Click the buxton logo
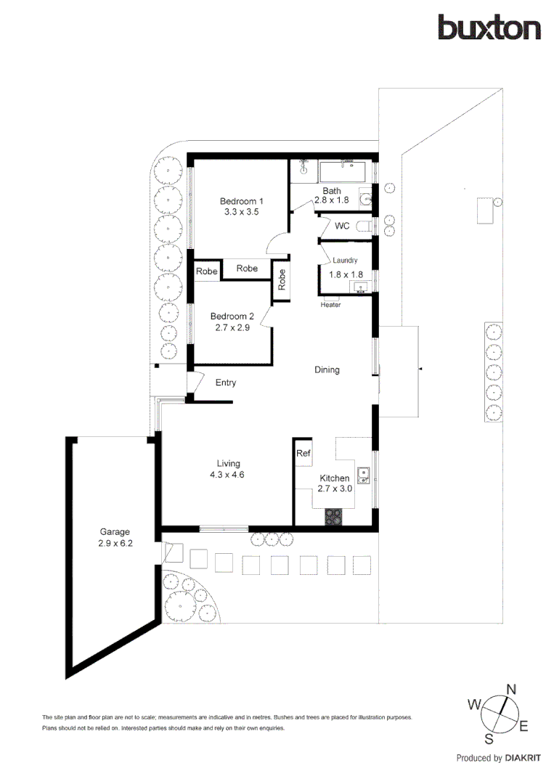[x=489, y=28]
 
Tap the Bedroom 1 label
[x=242, y=201]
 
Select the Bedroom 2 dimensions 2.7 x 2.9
[x=232, y=327]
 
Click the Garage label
[x=115, y=531]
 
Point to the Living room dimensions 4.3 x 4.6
[x=228, y=475]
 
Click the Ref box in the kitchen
[x=304, y=454]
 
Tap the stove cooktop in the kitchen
[x=333, y=517]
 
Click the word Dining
[x=327, y=369]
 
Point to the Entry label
[x=226, y=383]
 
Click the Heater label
[x=331, y=304]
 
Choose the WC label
[x=342, y=226]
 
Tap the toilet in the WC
[x=369, y=226]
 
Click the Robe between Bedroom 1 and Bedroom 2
[x=247, y=269]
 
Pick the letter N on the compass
[x=510, y=689]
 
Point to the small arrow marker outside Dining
[x=420, y=370]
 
